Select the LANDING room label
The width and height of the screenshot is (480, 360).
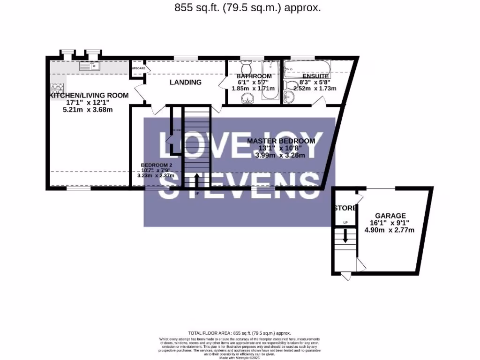coord(185,82)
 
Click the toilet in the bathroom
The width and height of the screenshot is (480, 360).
coord(246,66)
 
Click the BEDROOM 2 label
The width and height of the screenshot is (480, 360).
coord(157,165)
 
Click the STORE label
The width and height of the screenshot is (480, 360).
coord(345,208)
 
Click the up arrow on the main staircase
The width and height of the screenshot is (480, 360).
coord(196,180)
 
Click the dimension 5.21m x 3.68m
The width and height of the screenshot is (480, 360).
coord(88,110)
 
